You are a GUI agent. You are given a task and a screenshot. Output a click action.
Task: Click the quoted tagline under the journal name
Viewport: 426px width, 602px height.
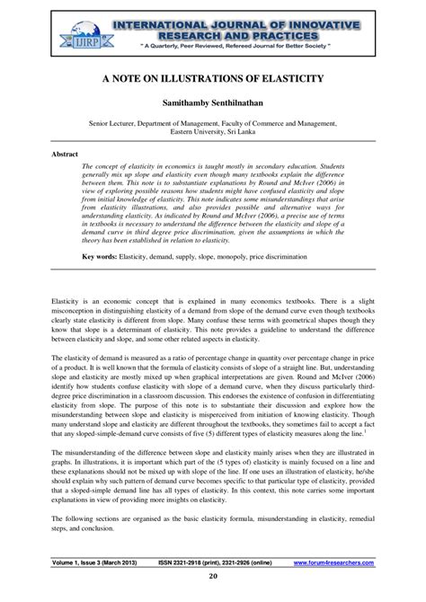pos(235,43)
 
